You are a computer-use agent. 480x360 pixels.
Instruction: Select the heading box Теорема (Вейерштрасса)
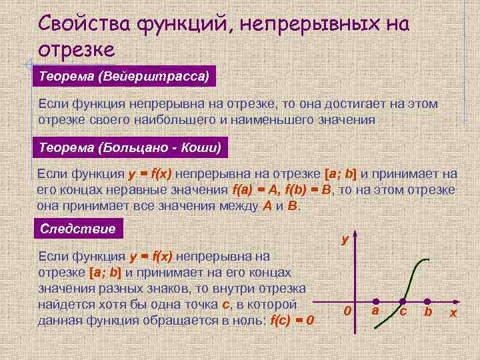[124, 76]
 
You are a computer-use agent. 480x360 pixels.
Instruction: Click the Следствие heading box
[78, 229]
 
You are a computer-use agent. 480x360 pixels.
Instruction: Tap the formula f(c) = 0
[292, 320]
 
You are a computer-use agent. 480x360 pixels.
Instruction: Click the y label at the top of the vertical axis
[345, 238]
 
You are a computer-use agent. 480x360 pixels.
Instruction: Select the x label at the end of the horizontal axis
[453, 313]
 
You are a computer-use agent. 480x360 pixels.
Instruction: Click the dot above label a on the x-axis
[376, 301]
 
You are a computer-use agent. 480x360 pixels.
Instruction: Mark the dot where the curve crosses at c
[401, 301]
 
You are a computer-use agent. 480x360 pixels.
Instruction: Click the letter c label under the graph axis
[403, 312]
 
